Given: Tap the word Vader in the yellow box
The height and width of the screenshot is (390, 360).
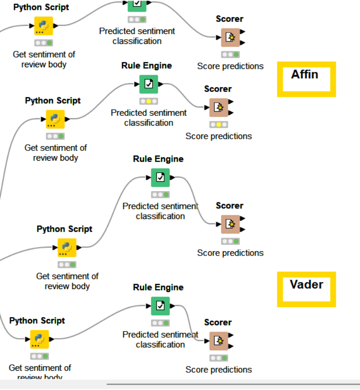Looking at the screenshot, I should (306, 284).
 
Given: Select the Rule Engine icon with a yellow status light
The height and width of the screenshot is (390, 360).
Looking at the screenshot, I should (148, 84).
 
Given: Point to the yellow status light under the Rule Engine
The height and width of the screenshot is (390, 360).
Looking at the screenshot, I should (148, 101).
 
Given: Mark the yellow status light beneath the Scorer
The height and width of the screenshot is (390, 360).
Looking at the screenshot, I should (219, 125).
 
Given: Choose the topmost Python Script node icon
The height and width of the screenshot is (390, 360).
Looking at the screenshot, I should (43, 26).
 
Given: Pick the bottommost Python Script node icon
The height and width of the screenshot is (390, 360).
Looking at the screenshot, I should (40, 339).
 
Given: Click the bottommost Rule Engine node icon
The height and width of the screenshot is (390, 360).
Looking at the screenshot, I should (160, 306).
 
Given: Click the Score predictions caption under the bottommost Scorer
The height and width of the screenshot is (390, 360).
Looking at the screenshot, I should (219, 369).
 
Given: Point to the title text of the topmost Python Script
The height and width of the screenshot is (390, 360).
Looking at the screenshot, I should (41, 7).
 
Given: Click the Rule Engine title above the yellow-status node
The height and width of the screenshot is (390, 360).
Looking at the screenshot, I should (147, 65).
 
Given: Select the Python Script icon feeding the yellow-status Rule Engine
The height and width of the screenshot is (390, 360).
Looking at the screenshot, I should (55, 119).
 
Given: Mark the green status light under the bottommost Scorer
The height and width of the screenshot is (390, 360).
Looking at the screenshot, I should (225, 358).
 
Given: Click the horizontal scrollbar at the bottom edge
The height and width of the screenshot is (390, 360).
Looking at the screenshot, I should (233, 384).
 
